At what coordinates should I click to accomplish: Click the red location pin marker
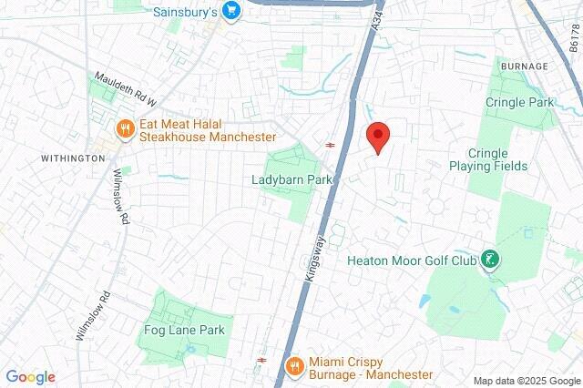(378, 137)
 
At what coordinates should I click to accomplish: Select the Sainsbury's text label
(183, 13)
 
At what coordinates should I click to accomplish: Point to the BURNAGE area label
(524, 66)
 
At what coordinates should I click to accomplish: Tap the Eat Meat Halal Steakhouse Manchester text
(208, 128)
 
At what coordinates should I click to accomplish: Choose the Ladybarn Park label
(291, 180)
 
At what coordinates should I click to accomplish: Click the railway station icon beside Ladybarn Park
(330, 144)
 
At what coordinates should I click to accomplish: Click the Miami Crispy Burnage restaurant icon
(293, 365)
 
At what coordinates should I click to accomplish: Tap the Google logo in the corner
(30, 377)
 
